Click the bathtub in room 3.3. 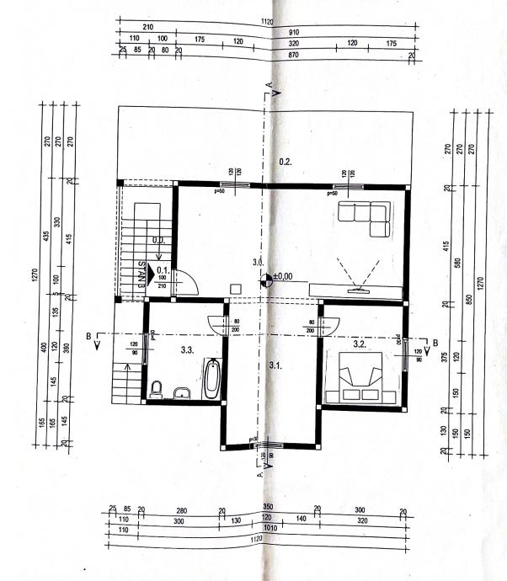coord(212,379)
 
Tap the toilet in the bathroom coord(156,389)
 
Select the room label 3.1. coord(274,365)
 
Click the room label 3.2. coord(359,344)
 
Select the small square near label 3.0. coord(237,287)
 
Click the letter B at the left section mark coord(88,337)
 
